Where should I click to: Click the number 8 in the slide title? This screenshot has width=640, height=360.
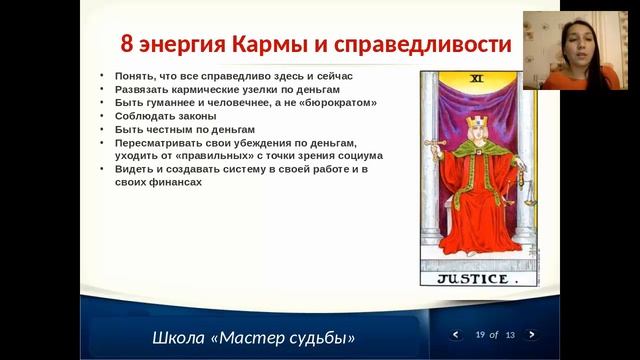coord(127,45)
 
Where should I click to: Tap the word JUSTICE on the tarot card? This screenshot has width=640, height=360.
coord(472,279)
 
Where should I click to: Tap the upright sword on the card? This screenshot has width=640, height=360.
coord(436,150)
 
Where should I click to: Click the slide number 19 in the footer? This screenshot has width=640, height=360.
coord(481,334)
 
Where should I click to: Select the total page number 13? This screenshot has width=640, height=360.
coord(510,334)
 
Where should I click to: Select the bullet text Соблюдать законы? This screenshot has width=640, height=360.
coord(156,116)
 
